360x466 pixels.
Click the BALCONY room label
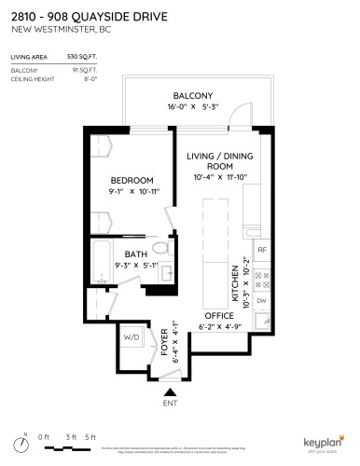click(193, 96)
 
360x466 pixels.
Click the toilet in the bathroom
click(160, 250)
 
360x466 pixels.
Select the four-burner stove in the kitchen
click(262, 278)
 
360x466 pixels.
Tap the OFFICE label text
click(219, 315)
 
